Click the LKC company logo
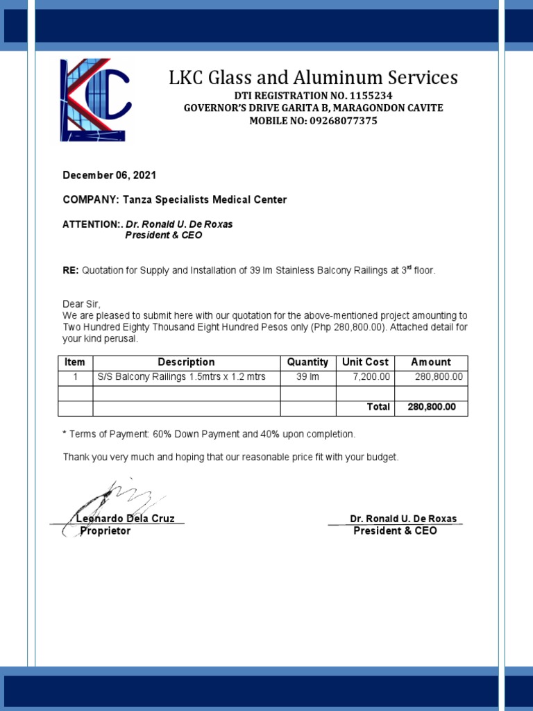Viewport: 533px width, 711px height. [x=94, y=100]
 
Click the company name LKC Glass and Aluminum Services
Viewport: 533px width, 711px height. [x=313, y=77]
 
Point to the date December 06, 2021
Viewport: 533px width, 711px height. [x=110, y=176]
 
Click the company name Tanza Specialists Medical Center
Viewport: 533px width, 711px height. [x=205, y=200]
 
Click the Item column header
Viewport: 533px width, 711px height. [x=75, y=362]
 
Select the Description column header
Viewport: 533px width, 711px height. [x=186, y=362]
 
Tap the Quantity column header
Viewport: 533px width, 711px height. [x=307, y=362]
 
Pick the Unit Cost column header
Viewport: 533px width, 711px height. [x=365, y=362]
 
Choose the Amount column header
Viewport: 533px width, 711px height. [x=430, y=362]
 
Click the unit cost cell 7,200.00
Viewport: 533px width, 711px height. [x=373, y=377]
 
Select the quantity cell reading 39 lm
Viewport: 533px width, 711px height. [x=307, y=377]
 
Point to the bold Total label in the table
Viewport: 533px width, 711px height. [x=378, y=408]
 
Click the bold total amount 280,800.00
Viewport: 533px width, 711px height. [x=431, y=408]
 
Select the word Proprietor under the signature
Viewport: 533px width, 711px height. [x=105, y=531]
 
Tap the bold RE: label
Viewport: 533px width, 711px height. [x=71, y=270]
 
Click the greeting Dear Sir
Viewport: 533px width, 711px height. [x=81, y=304]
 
